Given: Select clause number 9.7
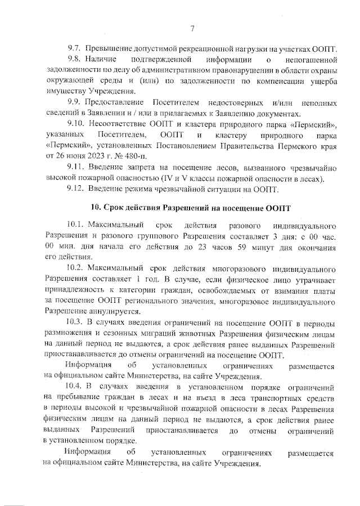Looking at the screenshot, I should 75,50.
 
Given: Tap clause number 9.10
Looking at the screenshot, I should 78,124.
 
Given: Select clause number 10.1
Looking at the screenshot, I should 77,226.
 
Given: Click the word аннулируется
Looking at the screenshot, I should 116,311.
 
